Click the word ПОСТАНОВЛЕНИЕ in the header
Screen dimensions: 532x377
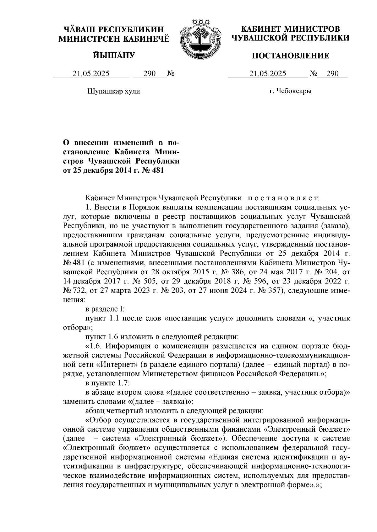pos(291,56)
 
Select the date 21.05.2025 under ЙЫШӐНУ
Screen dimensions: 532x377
pos(91,74)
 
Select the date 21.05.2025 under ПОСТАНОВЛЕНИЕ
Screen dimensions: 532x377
pos(268,74)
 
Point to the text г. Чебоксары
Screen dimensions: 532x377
pos(290,91)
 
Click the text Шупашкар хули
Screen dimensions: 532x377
pos(113,92)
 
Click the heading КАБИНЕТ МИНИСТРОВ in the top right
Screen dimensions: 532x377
pos(290,29)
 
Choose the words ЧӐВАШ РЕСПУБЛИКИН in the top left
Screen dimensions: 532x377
pos(114,30)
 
